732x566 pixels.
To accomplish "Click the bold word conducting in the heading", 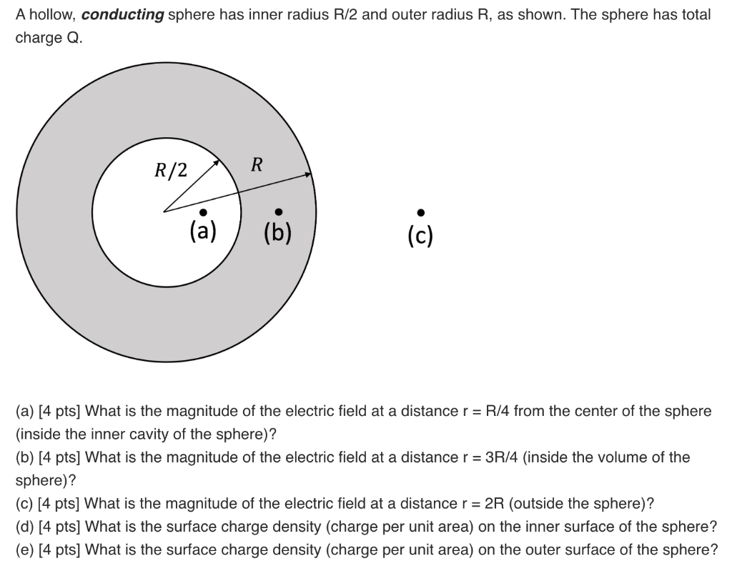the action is (x=122, y=15).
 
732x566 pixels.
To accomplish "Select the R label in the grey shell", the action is (x=257, y=165).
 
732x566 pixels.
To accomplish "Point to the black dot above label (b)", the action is (x=278, y=211).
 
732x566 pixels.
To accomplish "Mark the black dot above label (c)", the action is (x=421, y=212).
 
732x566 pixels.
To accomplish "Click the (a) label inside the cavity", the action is (x=203, y=231).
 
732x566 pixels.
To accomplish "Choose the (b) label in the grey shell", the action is (x=278, y=232).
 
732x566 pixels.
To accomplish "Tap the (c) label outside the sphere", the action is (x=421, y=235).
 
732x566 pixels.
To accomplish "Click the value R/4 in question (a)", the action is (x=497, y=411).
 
